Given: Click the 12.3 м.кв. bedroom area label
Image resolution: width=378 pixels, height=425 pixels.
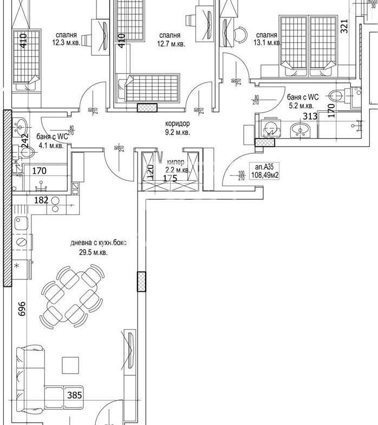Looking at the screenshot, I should (x=66, y=42).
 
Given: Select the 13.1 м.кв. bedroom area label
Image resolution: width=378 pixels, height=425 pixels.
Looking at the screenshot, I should (x=268, y=42).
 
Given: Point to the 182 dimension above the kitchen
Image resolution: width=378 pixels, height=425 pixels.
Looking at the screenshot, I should (x=42, y=200).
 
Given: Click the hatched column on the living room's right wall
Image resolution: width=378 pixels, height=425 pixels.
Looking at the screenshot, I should (x=141, y=282).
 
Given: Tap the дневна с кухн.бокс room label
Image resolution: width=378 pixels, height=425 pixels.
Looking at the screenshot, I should (x=99, y=244).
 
